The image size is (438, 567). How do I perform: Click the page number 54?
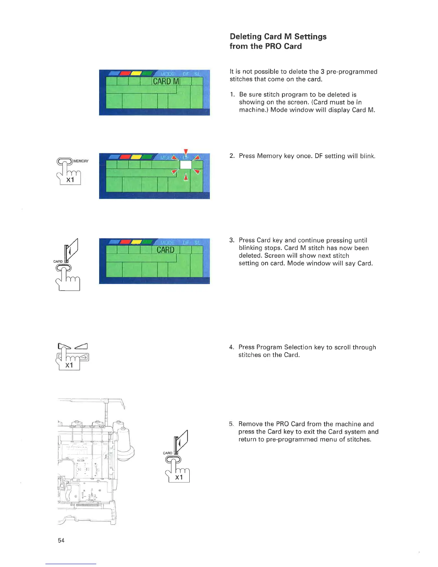pyautogui.click(x=61, y=541)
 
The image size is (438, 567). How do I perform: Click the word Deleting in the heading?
pyautogui.click(x=246, y=37)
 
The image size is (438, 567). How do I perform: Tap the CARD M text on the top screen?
pyautogui.click(x=166, y=81)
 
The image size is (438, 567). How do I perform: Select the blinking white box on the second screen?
pyautogui.click(x=185, y=165)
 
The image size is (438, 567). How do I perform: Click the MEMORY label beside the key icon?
pyautogui.click(x=81, y=161)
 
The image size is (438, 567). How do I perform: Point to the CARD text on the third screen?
pyautogui.click(x=165, y=250)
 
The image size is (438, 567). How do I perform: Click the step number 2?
pyautogui.click(x=232, y=156)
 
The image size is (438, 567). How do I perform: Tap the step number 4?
pyautogui.click(x=232, y=347)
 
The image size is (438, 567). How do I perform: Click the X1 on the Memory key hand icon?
pyautogui.click(x=70, y=180)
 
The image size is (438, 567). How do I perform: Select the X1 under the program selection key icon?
pyautogui.click(x=69, y=365)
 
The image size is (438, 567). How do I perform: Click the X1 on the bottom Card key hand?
pyautogui.click(x=179, y=478)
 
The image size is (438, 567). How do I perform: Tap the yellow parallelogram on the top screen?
pyautogui.click(x=136, y=73)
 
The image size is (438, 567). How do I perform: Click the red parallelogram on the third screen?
pyautogui.click(x=125, y=242)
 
